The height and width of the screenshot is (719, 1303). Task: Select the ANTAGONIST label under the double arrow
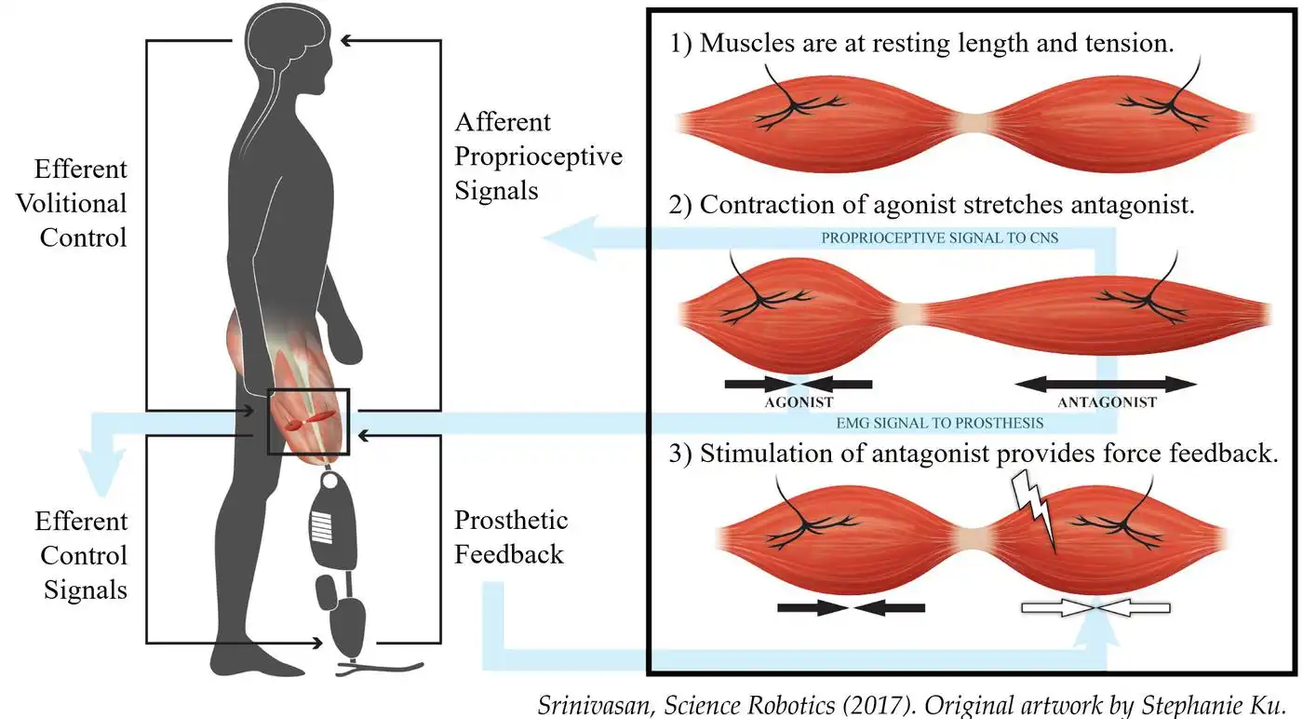(1107, 402)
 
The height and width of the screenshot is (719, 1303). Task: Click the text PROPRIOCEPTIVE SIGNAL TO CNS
(939, 237)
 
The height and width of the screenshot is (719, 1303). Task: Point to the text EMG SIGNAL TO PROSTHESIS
(939, 423)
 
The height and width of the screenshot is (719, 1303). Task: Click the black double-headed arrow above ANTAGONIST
(1106, 383)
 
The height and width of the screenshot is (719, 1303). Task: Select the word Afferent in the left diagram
(503, 123)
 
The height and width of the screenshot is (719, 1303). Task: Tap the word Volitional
(71, 203)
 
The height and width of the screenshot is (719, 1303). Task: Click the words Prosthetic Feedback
(509, 537)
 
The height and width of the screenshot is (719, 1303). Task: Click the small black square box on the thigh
(308, 421)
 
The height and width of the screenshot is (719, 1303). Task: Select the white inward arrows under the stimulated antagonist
(1095, 608)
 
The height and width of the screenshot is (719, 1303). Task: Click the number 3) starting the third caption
(680, 454)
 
